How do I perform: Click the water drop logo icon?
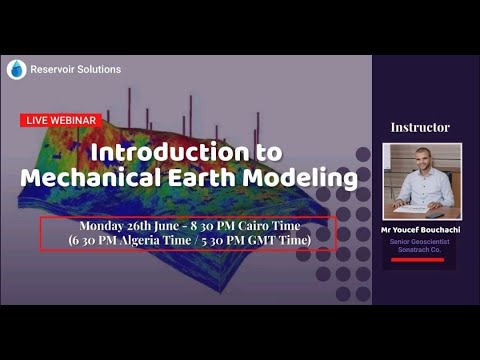pyautogui.click(x=16, y=69)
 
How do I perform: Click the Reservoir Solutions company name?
pyautogui.click(x=77, y=69)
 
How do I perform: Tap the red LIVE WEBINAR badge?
pyautogui.click(x=60, y=120)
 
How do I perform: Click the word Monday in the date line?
pyautogui.click(x=105, y=226)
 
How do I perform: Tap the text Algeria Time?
pyautogui.click(x=149, y=241)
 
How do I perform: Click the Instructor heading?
pyautogui.click(x=420, y=127)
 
